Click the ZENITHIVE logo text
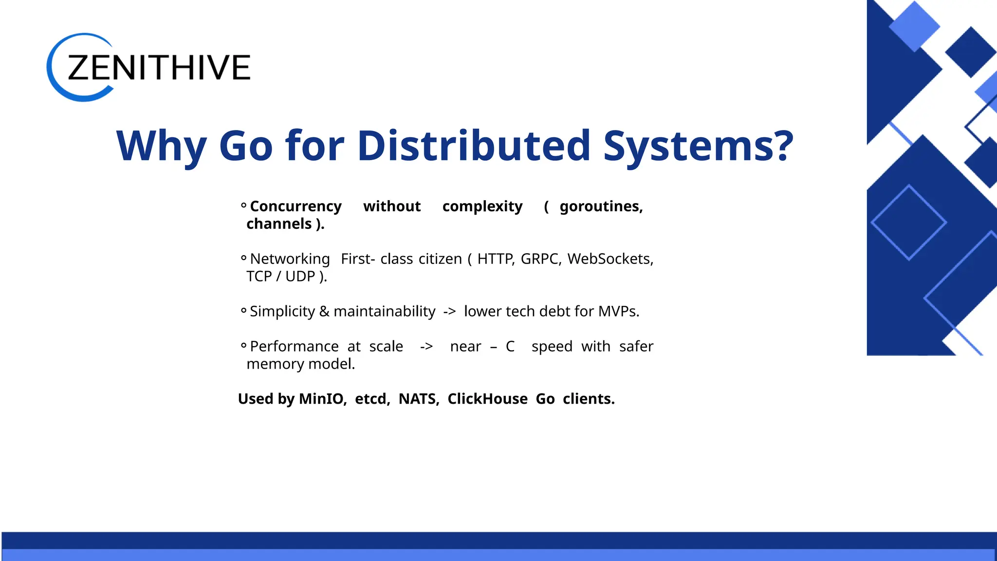(159, 67)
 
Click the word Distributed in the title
(474, 146)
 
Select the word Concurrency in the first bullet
(295, 206)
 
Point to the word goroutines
(601, 206)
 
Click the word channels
(279, 224)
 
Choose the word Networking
(290, 259)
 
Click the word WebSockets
(609, 259)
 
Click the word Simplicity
(282, 312)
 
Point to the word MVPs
(618, 312)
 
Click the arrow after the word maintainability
(449, 312)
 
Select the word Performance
(294, 347)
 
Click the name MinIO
(322, 399)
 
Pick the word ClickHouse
(487, 399)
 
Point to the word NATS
(418, 399)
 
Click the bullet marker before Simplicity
(243, 311)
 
